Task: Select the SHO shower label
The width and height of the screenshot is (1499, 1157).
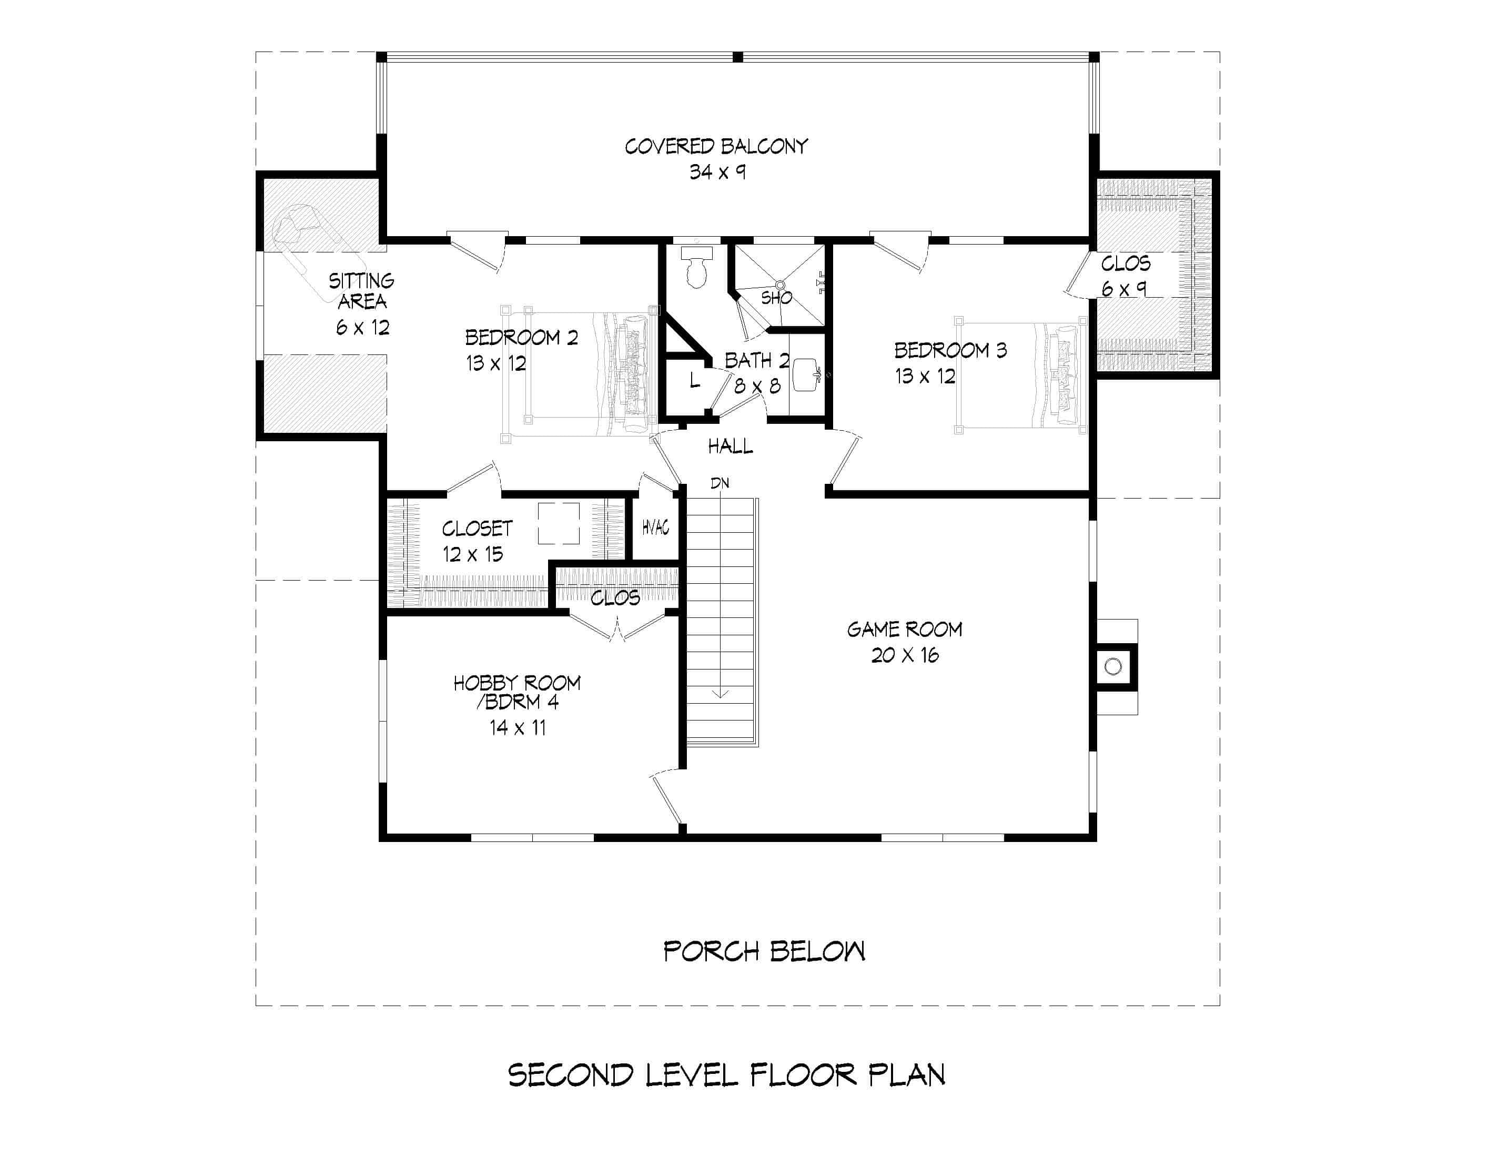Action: tap(776, 298)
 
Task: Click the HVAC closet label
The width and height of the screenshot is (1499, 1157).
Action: tap(655, 527)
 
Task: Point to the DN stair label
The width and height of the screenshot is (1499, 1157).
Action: tap(720, 483)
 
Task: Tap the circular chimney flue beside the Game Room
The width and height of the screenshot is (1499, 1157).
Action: tap(1112, 666)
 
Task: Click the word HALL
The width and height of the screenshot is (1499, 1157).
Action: tap(730, 446)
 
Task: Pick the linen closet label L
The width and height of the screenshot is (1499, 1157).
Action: tap(695, 380)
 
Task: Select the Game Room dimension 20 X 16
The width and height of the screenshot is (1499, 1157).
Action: tap(905, 655)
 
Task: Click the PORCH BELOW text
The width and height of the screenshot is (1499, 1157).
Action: tap(764, 951)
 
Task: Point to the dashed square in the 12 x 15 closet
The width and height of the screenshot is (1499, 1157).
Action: tap(558, 524)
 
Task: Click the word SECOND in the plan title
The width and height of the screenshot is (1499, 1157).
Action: tap(570, 1075)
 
